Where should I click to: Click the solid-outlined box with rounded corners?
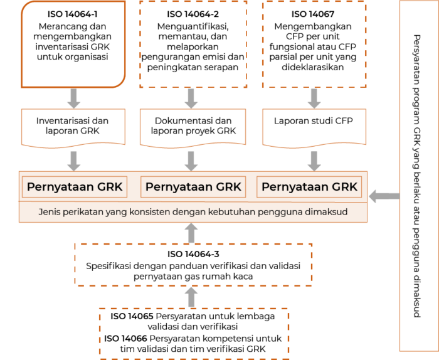(x=74, y=44)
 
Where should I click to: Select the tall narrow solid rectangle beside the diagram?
(x=418, y=176)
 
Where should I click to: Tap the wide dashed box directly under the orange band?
(x=193, y=265)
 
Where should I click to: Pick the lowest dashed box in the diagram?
(x=194, y=332)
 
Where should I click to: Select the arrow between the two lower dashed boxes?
(x=192, y=297)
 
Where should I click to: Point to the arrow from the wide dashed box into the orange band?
(x=192, y=233)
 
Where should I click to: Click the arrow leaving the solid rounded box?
(x=74, y=98)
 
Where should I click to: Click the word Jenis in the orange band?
(x=50, y=212)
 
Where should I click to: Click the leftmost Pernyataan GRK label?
(x=75, y=187)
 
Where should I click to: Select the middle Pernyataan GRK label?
(x=193, y=187)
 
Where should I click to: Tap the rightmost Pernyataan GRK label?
(x=309, y=187)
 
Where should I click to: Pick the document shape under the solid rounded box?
(x=73, y=128)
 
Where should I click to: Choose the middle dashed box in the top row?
(x=193, y=44)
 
